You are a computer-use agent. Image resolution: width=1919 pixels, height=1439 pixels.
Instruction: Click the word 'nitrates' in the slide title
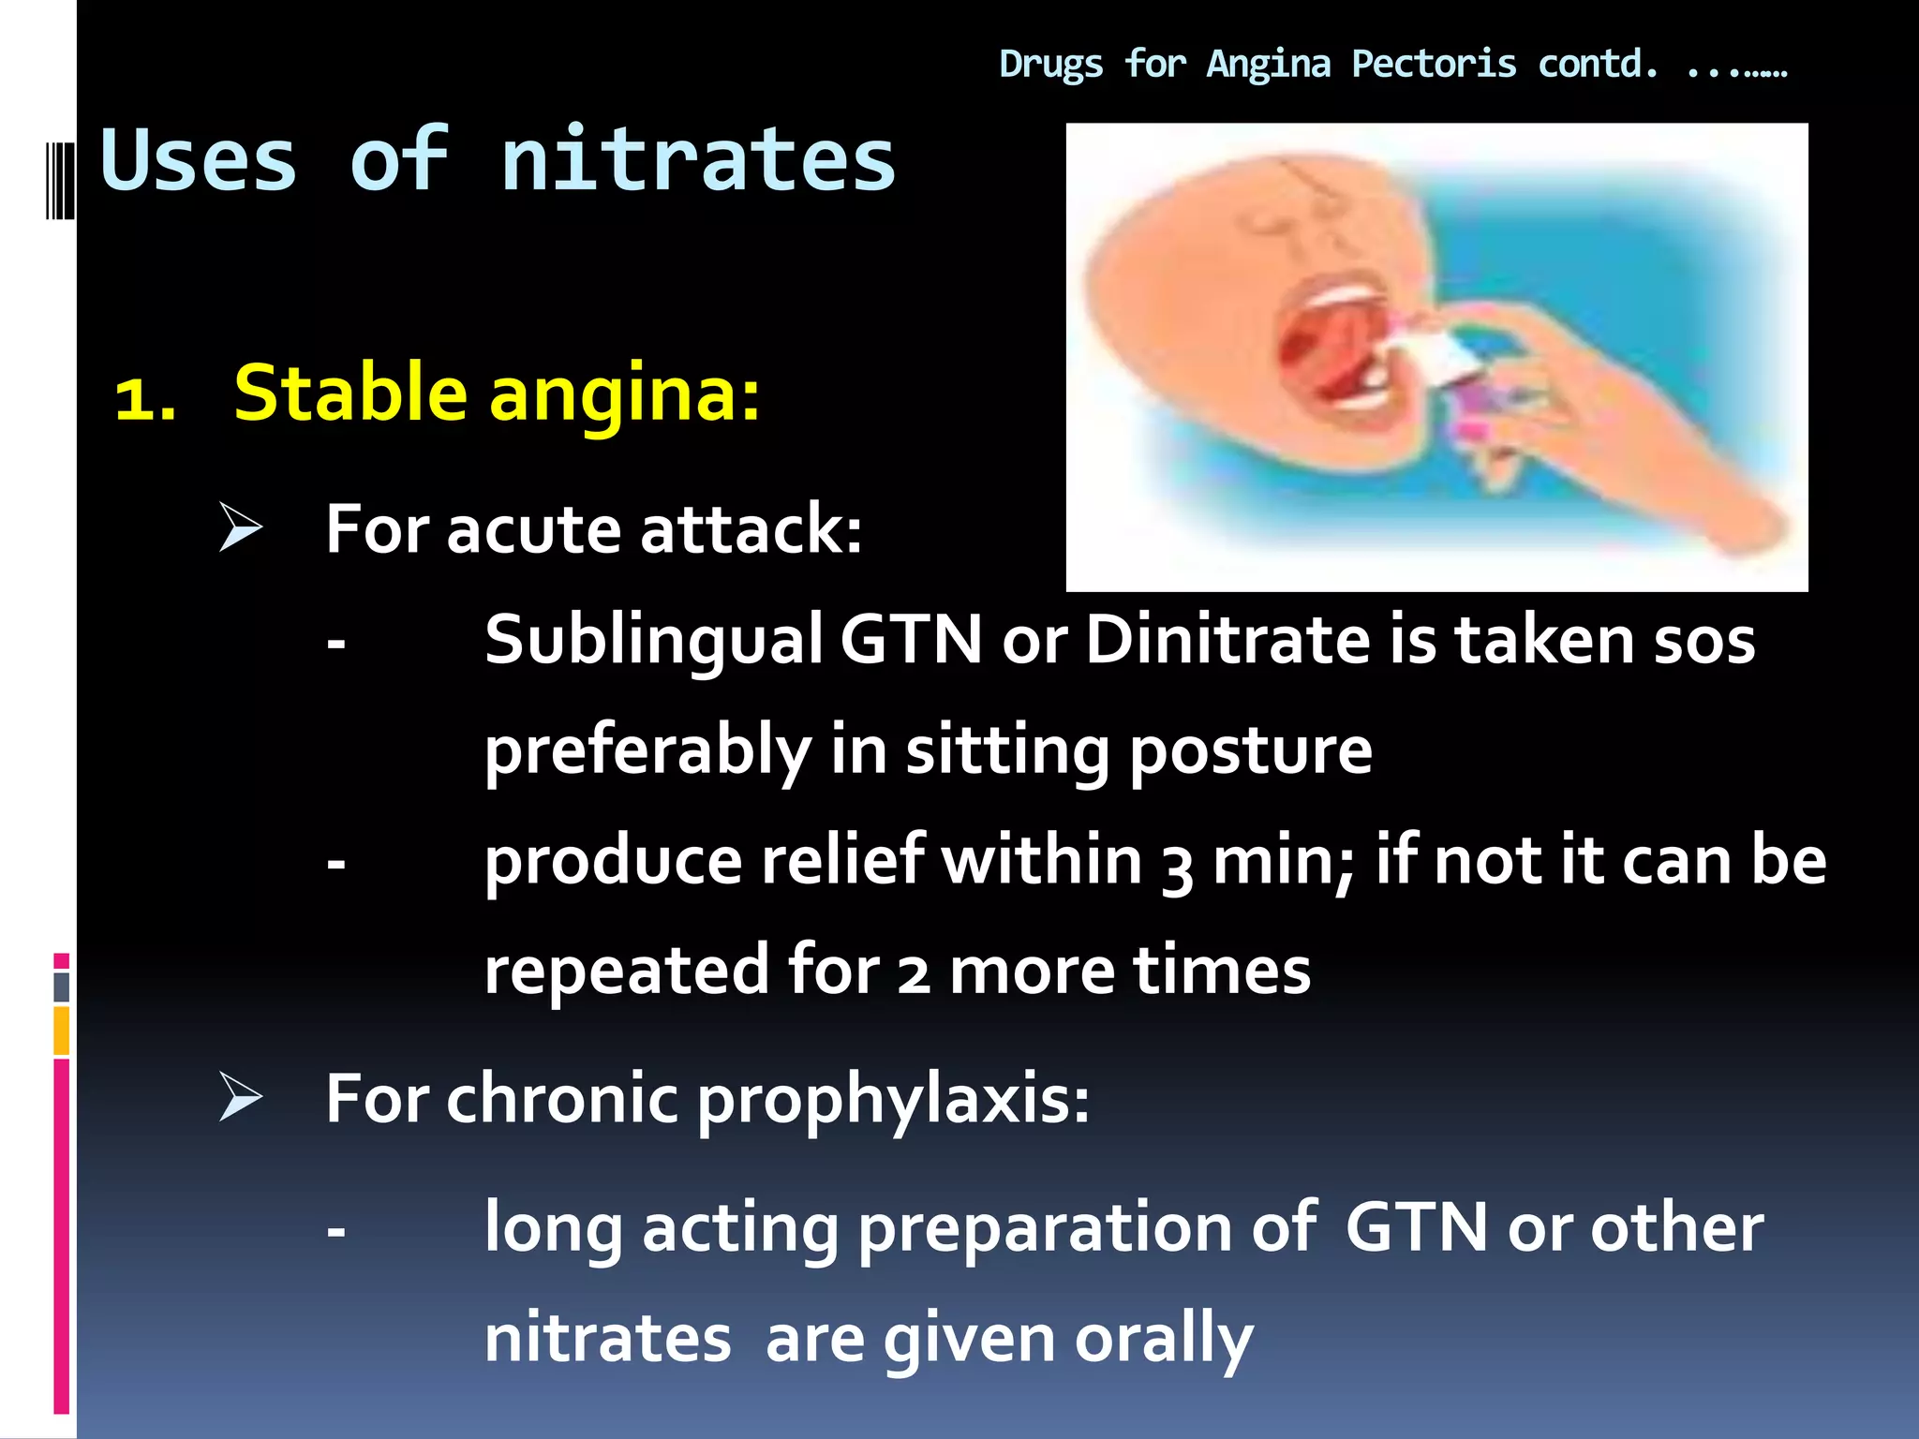click(x=698, y=161)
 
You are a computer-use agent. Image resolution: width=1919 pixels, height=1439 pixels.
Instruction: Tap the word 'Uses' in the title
click(x=199, y=161)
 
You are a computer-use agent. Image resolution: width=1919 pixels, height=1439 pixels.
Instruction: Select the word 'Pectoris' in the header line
click(x=1434, y=65)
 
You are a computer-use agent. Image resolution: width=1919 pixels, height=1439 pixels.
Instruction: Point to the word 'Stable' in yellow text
click(x=350, y=393)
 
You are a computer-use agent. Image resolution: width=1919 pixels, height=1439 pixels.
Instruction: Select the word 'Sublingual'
click(x=653, y=642)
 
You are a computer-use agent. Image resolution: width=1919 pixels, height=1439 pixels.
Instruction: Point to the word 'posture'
click(x=1250, y=752)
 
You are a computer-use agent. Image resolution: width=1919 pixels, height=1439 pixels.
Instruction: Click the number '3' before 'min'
click(x=1177, y=867)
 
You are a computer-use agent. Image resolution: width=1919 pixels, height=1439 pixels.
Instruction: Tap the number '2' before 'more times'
click(x=913, y=974)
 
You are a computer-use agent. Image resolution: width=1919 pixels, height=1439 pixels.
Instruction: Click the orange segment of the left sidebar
click(x=62, y=1031)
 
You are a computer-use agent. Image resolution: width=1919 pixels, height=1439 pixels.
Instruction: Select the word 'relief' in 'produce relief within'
click(x=842, y=862)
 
